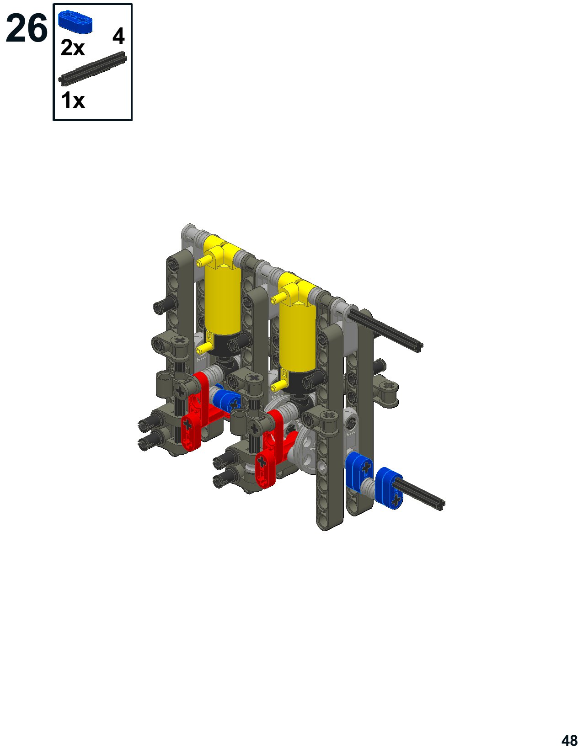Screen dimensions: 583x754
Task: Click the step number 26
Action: tap(27, 28)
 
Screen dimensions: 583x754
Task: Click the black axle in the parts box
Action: tap(93, 68)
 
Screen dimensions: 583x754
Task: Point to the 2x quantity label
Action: tap(73, 48)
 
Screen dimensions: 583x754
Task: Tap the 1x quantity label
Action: tap(73, 100)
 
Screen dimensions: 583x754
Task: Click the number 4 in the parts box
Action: tap(118, 36)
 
